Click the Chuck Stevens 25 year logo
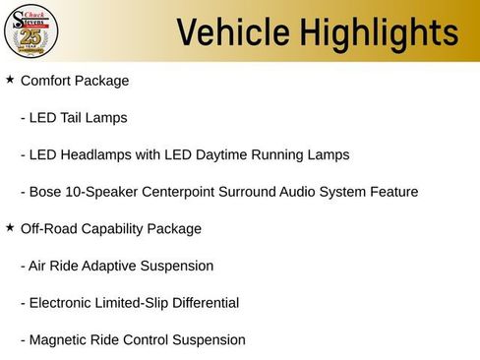30,31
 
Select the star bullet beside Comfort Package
10,79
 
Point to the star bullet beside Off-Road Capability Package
10,227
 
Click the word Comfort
47,80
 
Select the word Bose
45,192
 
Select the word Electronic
61,303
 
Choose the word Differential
205,303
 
